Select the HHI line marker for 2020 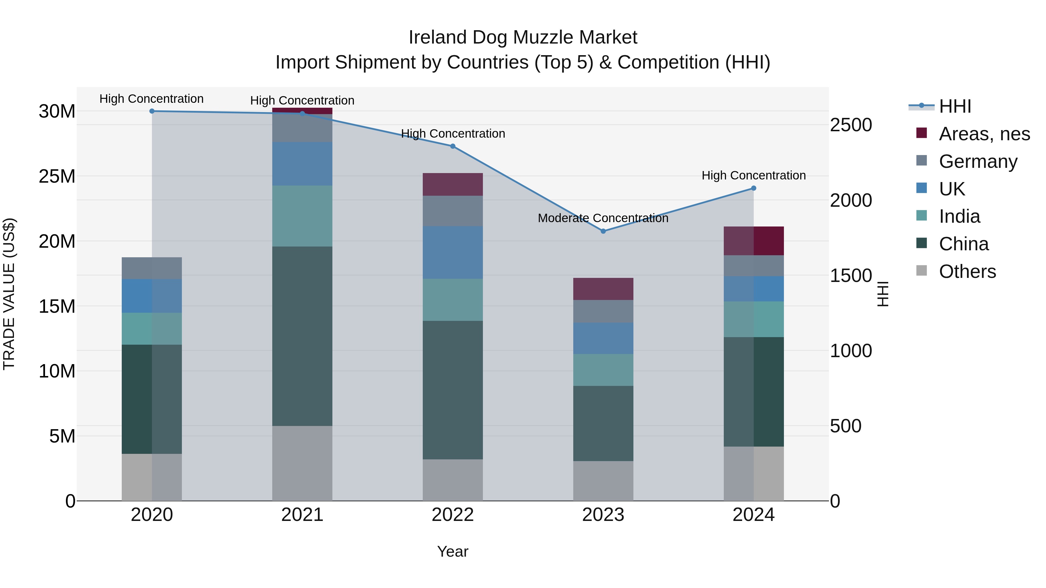pyautogui.click(x=152, y=111)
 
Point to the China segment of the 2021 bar pyautogui.click(x=302, y=336)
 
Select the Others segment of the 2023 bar pyautogui.click(x=603, y=481)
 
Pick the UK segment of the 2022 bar pyautogui.click(x=453, y=252)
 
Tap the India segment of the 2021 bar pyautogui.click(x=302, y=216)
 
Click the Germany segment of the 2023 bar pyautogui.click(x=603, y=311)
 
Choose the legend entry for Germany pyautogui.click(x=978, y=161)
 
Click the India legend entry pyautogui.click(x=959, y=217)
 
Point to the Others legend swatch pyautogui.click(x=922, y=271)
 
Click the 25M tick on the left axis pyautogui.click(x=57, y=177)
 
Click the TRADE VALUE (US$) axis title pyautogui.click(x=9, y=294)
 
